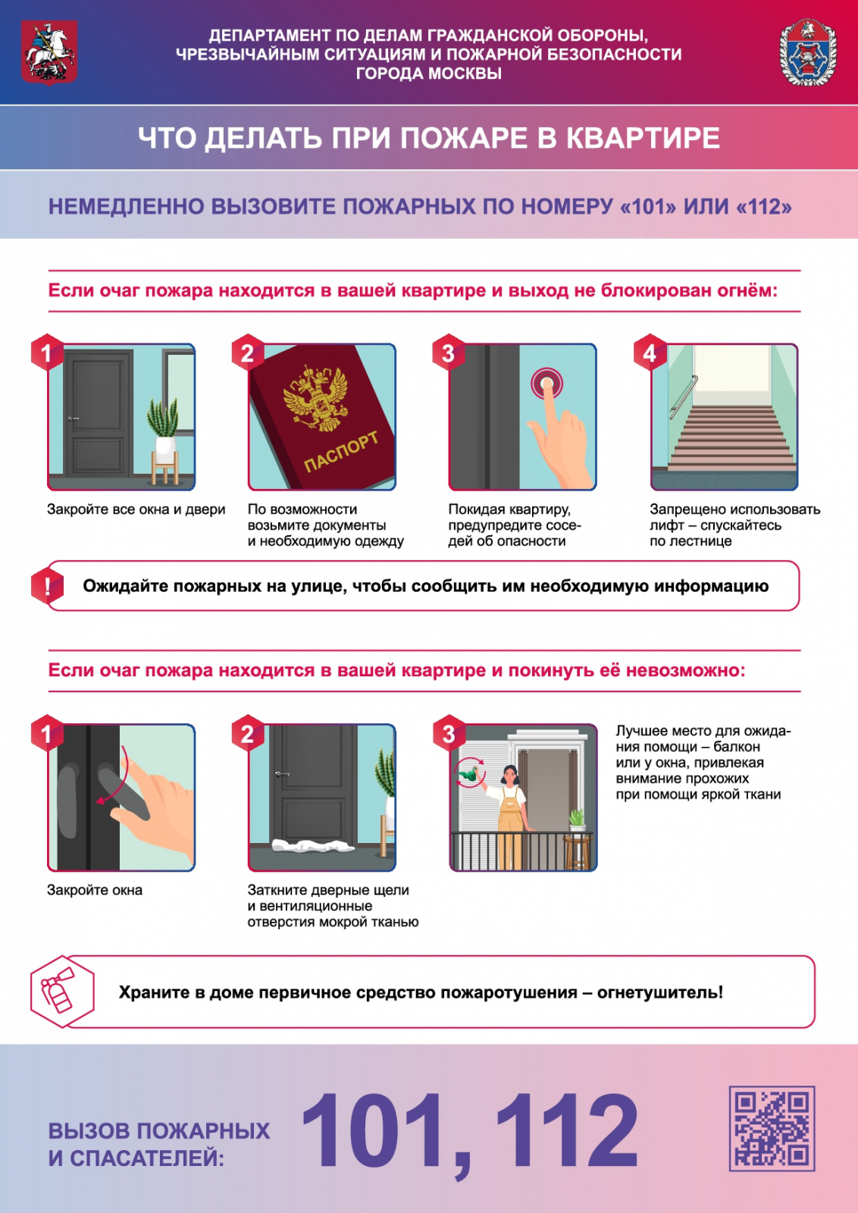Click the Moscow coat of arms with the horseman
[x=49, y=52]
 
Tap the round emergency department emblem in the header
[x=808, y=52]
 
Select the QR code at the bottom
[x=772, y=1128]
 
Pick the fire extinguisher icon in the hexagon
[x=58, y=990]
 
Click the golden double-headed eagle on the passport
[x=315, y=398]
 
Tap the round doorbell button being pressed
[x=546, y=384]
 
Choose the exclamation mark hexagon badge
[x=47, y=585]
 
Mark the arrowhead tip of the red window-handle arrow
[x=96, y=801]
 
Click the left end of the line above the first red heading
[x=49, y=270]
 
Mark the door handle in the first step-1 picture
[x=74, y=418]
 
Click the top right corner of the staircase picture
[x=797, y=344]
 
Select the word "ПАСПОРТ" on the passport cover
[x=341, y=451]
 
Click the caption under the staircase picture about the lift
[x=734, y=525]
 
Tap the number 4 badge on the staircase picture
[x=650, y=353]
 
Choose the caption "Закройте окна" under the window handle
[x=95, y=890]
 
